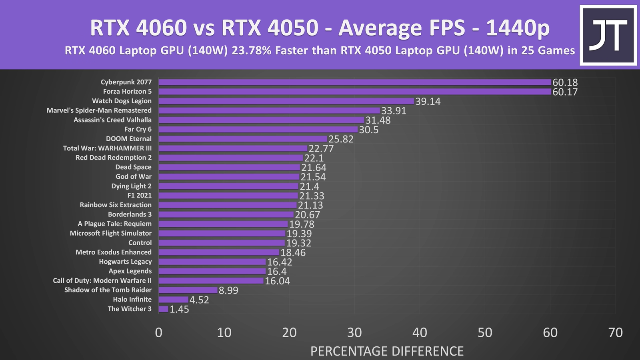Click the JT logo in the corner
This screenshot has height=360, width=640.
tap(608, 35)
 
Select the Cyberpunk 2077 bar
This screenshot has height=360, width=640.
tap(355, 82)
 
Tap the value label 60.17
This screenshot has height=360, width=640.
tap(565, 92)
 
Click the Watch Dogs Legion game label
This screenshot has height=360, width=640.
tap(122, 101)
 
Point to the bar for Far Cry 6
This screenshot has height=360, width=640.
tap(258, 130)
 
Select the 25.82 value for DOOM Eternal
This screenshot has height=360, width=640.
tap(341, 139)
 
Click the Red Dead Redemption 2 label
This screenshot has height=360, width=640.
tap(114, 158)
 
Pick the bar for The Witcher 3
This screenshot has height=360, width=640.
tap(164, 309)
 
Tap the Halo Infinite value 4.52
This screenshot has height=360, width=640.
tap(199, 300)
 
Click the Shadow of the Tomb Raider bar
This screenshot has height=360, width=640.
tap(188, 290)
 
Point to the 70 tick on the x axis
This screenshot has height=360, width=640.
tap(615, 332)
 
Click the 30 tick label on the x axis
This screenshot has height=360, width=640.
tap(354, 332)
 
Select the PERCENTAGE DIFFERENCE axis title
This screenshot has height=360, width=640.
tap(387, 351)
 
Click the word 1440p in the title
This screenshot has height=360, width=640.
tap(518, 28)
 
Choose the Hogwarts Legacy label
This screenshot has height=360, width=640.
tap(125, 262)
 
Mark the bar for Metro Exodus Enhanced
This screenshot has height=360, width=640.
tap(219, 252)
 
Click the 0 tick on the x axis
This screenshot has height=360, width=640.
tap(159, 332)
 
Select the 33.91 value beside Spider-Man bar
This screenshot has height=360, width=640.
tap(394, 111)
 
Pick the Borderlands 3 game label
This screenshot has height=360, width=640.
tap(130, 214)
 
